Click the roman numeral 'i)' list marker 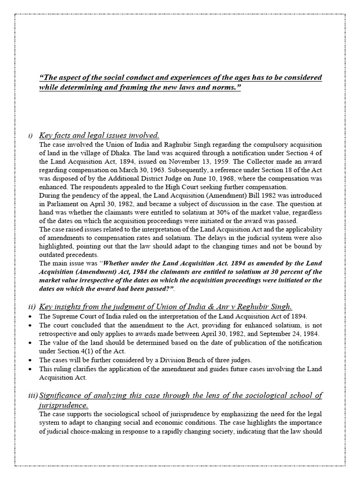[x=30, y=136]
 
